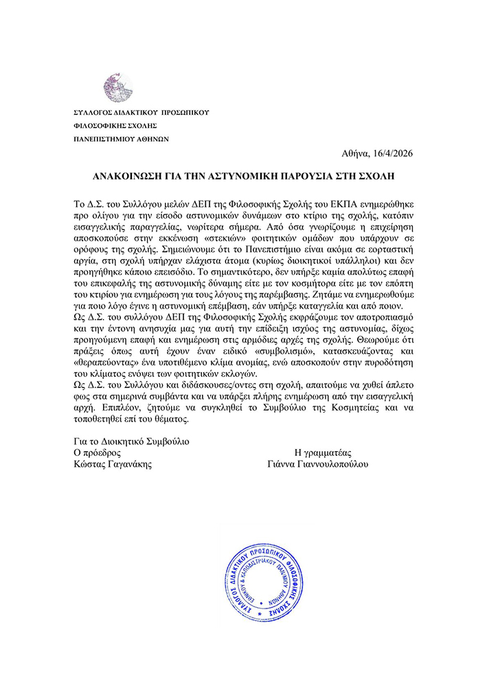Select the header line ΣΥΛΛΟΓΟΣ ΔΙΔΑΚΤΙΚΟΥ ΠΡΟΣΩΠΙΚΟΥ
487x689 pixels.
(141, 112)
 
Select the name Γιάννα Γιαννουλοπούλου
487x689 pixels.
(318, 464)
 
